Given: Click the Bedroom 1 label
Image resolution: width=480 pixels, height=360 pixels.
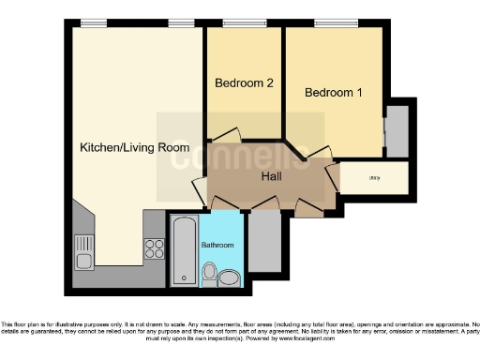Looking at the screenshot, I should [x=333, y=93].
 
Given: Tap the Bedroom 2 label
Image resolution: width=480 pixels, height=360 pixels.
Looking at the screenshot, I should [x=244, y=83].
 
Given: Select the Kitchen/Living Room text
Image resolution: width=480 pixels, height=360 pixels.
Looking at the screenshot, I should [x=135, y=147].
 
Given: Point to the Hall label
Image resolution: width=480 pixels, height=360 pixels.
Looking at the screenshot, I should [x=272, y=174].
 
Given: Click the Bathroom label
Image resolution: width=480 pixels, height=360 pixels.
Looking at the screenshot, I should [x=218, y=245].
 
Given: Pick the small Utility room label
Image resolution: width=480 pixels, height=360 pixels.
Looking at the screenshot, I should [x=373, y=176].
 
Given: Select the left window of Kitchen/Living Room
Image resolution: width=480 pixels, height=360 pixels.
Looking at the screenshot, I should [x=93, y=23].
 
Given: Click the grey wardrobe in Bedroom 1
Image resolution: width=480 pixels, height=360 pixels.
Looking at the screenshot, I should [x=397, y=131].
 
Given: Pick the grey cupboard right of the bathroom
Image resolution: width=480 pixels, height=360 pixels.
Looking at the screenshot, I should [x=266, y=243].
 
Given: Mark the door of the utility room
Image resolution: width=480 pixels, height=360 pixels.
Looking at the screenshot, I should [x=335, y=179].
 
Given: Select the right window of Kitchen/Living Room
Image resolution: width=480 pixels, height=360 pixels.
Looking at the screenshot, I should [x=181, y=23].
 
